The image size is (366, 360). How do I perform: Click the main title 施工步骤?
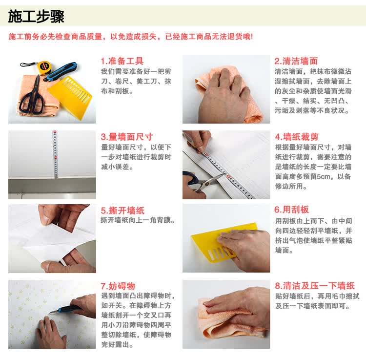pos(36,16)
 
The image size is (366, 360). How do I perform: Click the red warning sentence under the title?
pos(131,37)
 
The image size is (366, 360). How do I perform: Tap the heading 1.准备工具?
pos(122,61)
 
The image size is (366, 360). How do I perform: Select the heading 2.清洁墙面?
pos(296,61)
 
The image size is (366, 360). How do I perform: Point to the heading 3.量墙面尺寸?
pos(127,137)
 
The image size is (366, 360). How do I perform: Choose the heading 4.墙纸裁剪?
pos(296,137)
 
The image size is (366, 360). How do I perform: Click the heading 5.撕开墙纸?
pos(122,211)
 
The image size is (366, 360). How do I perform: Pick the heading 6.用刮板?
pos(291,210)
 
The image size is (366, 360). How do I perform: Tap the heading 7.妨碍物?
pos(118,286)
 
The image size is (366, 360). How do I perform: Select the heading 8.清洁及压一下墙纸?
pos(315,286)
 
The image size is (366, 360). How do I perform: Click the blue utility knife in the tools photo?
pos(61,71)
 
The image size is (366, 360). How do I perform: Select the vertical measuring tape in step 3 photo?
pos(55,154)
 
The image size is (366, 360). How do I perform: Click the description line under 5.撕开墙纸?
pos(138,220)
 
